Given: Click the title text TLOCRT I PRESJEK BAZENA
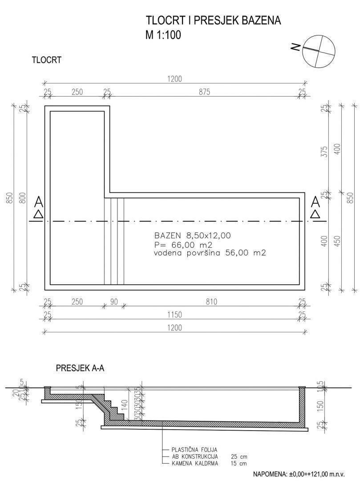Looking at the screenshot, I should pyautogui.click(x=214, y=21).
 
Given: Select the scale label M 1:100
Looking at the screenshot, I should pyautogui.click(x=163, y=35).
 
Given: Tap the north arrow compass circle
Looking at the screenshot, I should pyautogui.click(x=318, y=49).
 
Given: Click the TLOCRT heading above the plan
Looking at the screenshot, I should pyautogui.click(x=46, y=60).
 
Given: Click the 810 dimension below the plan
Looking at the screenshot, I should pyautogui.click(x=211, y=302).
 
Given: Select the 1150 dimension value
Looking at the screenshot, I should pyautogui.click(x=174, y=315).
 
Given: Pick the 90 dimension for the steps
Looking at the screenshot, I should pyautogui.click(x=114, y=302).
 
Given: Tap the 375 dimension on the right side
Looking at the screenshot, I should pyautogui.click(x=325, y=151).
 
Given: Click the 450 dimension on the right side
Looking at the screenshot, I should pyautogui.click(x=337, y=241).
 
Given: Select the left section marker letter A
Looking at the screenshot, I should pyautogui.click(x=38, y=203).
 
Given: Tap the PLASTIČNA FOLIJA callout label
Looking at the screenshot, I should pyautogui.click(x=194, y=450).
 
